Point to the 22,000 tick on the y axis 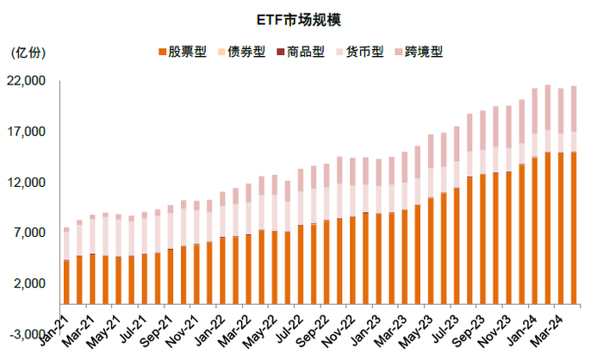[x=27, y=81]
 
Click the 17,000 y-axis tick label [x=27, y=132]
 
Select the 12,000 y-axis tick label [x=27, y=183]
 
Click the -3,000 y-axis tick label [x=27, y=334]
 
